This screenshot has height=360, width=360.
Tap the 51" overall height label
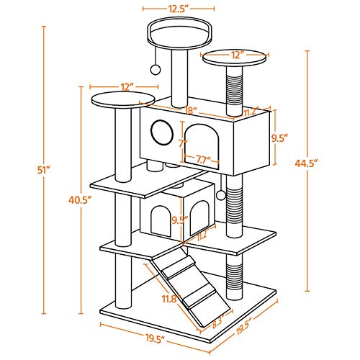43,170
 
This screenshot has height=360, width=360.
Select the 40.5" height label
80,199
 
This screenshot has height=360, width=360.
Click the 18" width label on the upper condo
191,111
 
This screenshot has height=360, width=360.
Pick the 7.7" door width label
202,161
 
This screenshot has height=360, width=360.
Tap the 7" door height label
183,144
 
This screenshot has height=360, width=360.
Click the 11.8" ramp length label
171,299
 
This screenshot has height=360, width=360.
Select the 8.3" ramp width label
217,323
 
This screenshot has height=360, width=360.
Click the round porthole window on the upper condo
162,132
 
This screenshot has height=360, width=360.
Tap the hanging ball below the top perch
156,69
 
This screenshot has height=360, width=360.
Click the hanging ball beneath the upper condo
221,195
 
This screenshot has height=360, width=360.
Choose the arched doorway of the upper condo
202,147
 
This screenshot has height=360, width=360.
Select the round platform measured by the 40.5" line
123,99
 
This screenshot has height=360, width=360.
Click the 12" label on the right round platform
235,55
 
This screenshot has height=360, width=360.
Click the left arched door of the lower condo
161,221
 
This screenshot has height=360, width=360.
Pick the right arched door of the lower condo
199,217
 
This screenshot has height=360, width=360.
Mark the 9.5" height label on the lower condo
180,220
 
